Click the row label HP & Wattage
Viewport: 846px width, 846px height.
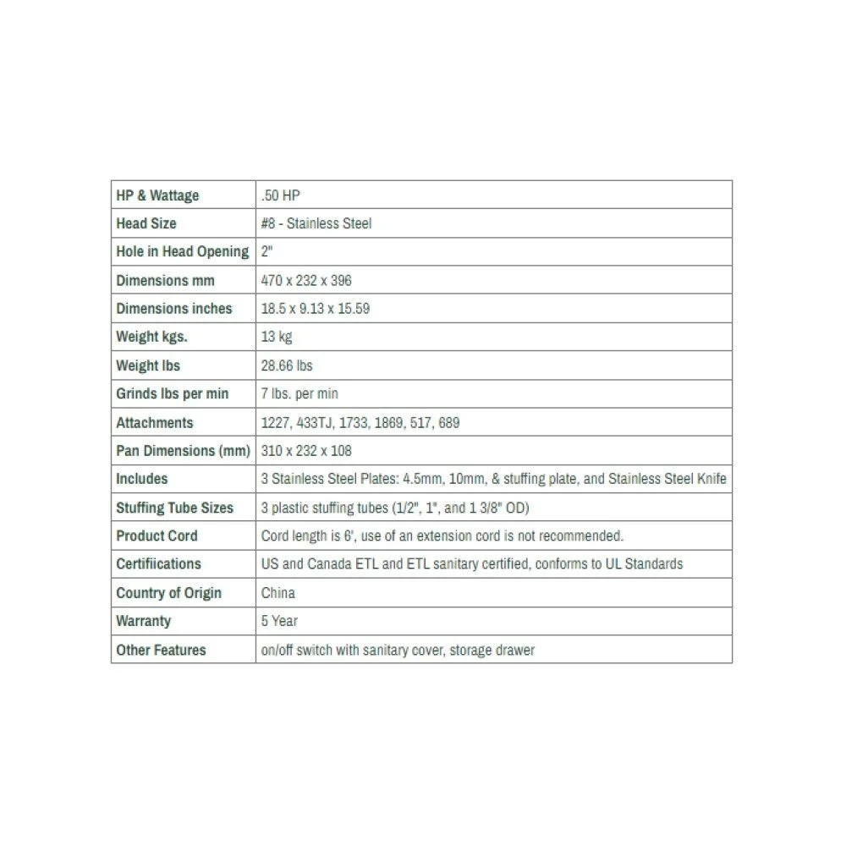(157, 195)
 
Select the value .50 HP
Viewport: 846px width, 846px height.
(281, 195)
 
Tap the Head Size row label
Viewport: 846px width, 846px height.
(146, 223)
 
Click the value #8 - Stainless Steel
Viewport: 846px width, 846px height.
(316, 223)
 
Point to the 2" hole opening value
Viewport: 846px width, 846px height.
(266, 251)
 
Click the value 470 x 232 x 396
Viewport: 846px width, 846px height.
(306, 280)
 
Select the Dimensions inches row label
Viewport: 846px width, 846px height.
(174, 309)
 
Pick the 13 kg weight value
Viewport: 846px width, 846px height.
(277, 337)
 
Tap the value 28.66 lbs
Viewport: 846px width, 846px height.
(287, 365)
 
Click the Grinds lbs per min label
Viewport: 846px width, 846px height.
(173, 394)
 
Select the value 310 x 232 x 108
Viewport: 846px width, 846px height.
(306, 451)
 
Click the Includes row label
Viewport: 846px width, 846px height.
(142, 479)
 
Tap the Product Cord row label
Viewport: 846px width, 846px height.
(157, 536)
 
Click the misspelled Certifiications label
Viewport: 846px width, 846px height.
(159, 563)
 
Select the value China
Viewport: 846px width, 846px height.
(278, 592)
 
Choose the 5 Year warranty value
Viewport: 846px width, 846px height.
(279, 621)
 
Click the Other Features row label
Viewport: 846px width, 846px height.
(161, 650)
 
